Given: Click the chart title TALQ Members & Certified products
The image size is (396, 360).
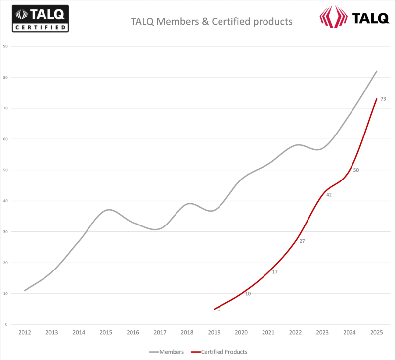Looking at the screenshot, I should pos(212,22).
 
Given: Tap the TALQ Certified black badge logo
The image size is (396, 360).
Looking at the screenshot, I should pos(41,19).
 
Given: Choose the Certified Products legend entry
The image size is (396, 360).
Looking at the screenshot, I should pos(219,352).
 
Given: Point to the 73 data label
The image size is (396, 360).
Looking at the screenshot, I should pos(383,99).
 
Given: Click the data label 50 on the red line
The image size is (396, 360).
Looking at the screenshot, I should pos(356,170).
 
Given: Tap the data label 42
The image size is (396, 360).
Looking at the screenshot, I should pos(329,195).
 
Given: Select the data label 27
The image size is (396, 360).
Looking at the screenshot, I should pos(302,241).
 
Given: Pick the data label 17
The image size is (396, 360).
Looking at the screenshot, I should pos(275,272).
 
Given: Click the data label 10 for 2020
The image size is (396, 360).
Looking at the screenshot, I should pos(248,294).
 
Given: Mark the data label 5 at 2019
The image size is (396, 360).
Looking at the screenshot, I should pos(220,309).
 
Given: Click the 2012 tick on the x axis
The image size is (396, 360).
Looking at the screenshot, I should pos(25,332).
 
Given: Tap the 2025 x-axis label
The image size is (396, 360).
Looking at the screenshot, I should pos(377,332).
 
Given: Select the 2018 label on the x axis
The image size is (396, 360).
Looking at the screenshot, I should pos(187,332).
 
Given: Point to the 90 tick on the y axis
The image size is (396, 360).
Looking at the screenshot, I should pos(6,46).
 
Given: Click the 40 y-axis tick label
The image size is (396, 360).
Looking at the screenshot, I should pos(6,201).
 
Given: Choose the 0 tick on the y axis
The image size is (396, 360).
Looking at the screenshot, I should pos(6,324).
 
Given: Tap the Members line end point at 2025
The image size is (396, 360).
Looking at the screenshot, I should pos(377,71).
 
